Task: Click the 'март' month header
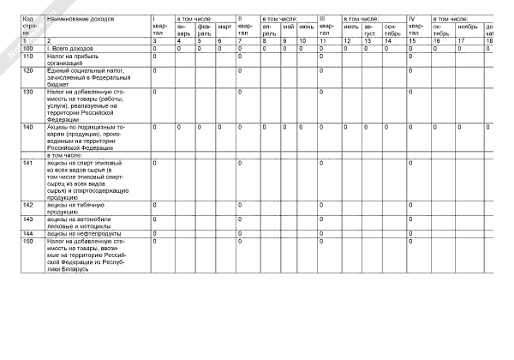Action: [x=224, y=27]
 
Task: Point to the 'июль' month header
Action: [x=350, y=27]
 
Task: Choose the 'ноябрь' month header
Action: [x=466, y=27]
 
